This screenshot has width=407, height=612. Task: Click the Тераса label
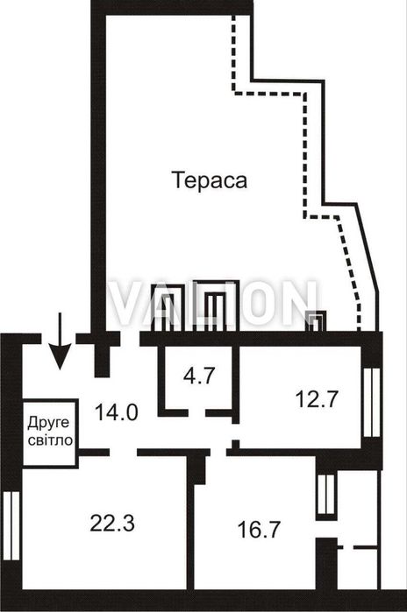[210, 181]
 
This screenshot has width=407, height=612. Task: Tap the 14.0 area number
[118, 412]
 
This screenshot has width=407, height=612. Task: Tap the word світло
[49, 440]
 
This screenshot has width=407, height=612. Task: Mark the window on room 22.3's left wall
[11, 520]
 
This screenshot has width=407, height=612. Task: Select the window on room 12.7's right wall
[375, 397]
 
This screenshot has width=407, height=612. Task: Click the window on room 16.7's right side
[326, 494]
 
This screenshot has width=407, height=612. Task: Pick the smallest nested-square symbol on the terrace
[315, 321]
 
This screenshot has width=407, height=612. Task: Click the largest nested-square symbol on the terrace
[211, 306]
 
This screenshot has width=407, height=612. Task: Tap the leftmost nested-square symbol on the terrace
[170, 307]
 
